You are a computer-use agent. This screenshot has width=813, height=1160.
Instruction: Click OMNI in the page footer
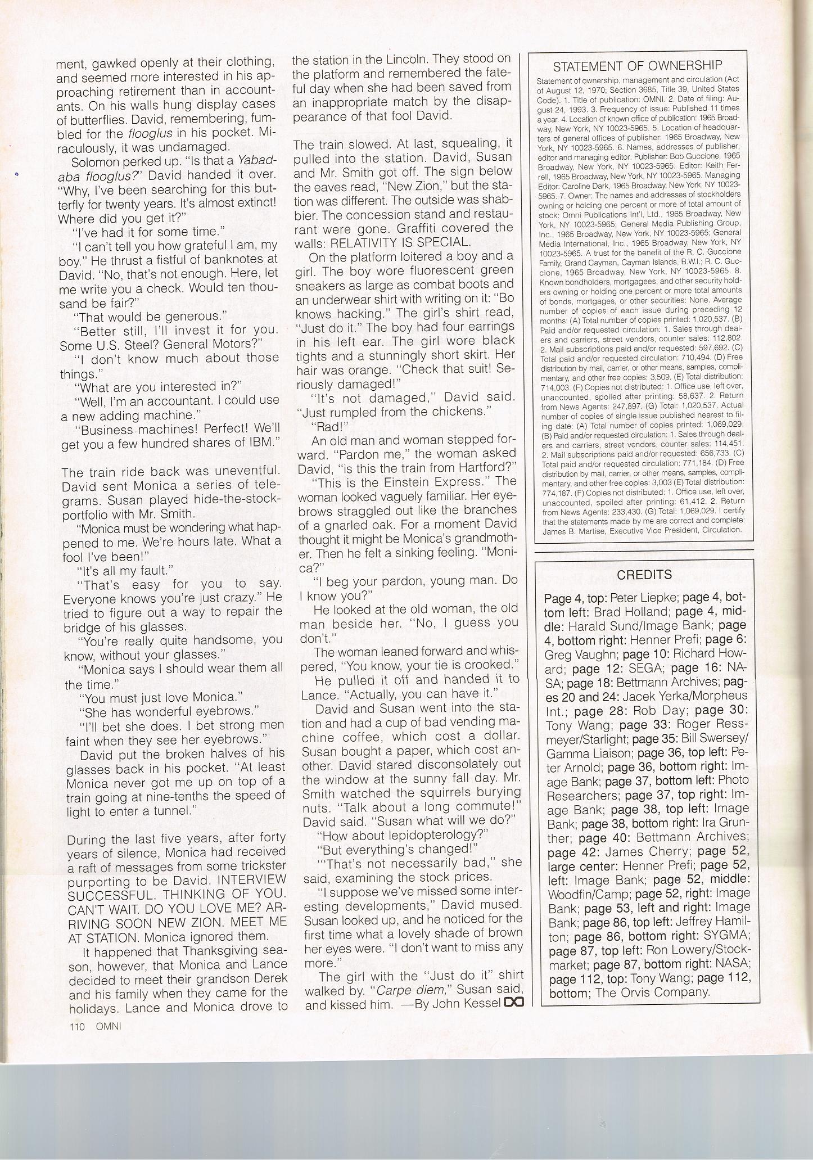pyautogui.click(x=109, y=1026)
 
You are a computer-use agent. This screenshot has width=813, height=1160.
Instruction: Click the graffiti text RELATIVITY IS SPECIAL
pyautogui.click(x=400, y=242)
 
